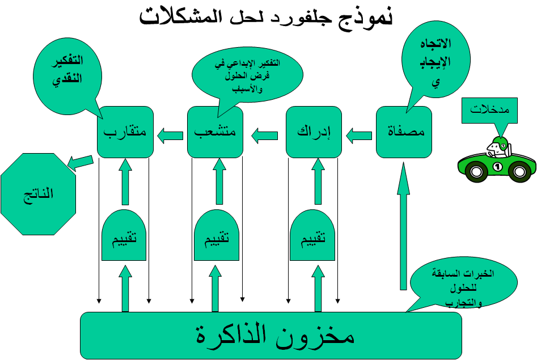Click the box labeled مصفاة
[x=404, y=132]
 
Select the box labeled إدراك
[x=314, y=132]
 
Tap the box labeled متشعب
[x=215, y=132]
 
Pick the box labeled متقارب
[x=125, y=132]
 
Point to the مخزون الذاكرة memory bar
[x=271, y=335]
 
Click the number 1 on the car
[x=497, y=167]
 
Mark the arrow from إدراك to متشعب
[x=264, y=135]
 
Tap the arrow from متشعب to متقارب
[x=170, y=135]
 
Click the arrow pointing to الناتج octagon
[x=80, y=162]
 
